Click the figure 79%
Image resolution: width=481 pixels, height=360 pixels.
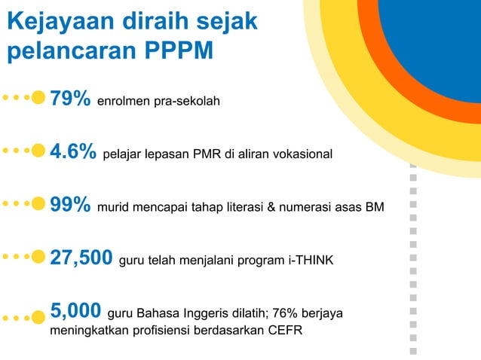pos(71,99)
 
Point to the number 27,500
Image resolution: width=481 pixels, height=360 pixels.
pos(81,258)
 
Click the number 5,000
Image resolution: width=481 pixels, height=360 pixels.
pos(75,310)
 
